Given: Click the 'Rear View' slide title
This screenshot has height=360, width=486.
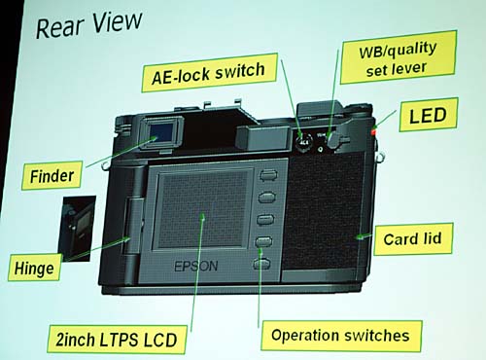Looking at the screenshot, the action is (88, 24).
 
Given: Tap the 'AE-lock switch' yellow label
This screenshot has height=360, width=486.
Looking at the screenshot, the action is (209, 73).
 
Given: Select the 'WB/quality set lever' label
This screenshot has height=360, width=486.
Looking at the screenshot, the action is (399, 57).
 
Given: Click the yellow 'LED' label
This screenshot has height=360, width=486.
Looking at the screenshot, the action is (429, 115).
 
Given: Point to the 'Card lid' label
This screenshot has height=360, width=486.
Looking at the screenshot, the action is (412, 239).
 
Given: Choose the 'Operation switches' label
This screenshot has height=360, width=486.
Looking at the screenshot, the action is (341, 336).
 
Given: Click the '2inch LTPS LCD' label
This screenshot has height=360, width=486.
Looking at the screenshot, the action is (117, 340).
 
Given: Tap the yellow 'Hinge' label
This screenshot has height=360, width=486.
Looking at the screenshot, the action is (34, 268).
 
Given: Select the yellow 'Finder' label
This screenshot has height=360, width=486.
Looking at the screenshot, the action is (52, 175).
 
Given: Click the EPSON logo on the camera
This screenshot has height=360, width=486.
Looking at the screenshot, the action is (196, 267).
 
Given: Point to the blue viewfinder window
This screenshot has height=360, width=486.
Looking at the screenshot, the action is (161, 132).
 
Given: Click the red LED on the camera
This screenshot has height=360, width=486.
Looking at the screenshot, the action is (373, 132).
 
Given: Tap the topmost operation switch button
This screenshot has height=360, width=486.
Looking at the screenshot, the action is (268, 175).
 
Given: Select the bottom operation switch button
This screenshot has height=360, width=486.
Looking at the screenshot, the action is (261, 264).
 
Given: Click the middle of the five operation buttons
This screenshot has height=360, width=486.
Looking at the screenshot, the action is (265, 219).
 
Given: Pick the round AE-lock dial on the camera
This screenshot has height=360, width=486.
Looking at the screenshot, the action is (303, 141).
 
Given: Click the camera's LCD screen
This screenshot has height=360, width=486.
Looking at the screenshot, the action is (203, 209).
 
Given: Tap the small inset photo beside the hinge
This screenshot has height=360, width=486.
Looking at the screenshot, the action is (77, 229).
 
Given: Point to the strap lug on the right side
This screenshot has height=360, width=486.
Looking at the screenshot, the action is (380, 157).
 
